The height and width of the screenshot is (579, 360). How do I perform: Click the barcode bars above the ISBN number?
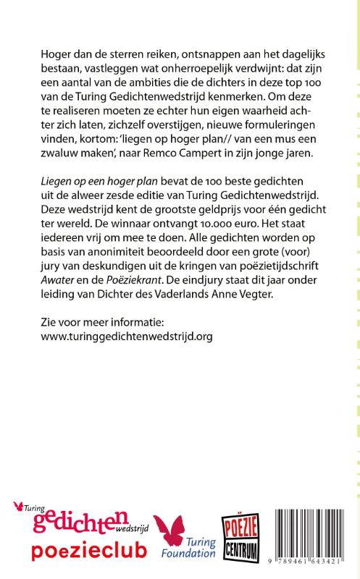click(317, 531)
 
